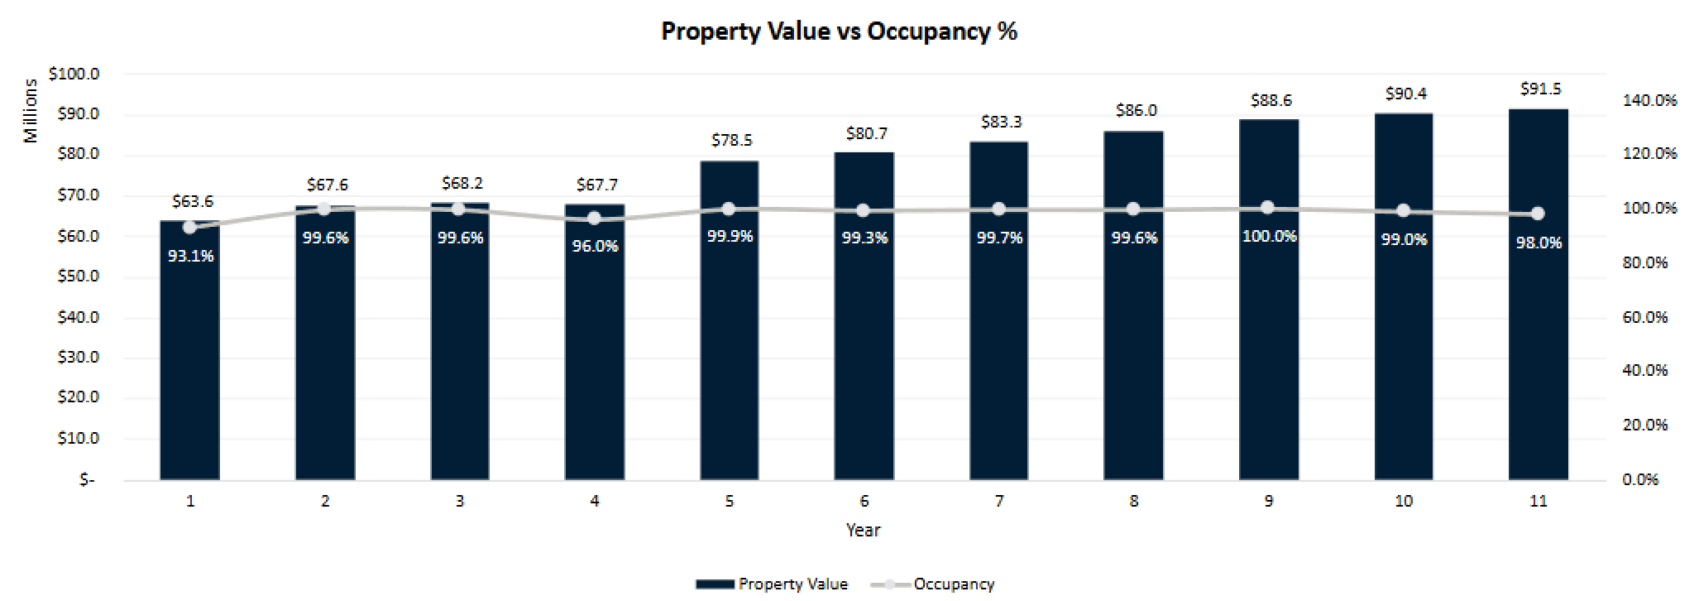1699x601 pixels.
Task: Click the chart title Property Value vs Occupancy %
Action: pyautogui.click(x=839, y=31)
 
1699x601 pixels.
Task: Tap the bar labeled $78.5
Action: pyautogui.click(x=729, y=331)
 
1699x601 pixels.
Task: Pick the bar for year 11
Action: pyautogui.click(x=1538, y=331)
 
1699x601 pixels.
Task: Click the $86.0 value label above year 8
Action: pyautogui.click(x=1136, y=111)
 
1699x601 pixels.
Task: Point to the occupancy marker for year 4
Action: pyautogui.click(x=594, y=219)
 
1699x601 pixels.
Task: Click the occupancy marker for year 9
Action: pyautogui.click(x=1268, y=208)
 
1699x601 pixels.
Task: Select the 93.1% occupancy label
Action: pyautogui.click(x=190, y=256)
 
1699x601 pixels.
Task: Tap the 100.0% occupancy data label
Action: pyautogui.click(x=1269, y=236)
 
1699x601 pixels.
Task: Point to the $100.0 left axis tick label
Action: pyautogui.click(x=74, y=74)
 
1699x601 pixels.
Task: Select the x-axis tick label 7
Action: pyautogui.click(x=999, y=501)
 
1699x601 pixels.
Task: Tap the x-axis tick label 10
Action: pyautogui.click(x=1403, y=501)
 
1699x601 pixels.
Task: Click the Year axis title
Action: pyautogui.click(x=863, y=530)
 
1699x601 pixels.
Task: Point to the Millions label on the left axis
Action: pyautogui.click(x=31, y=111)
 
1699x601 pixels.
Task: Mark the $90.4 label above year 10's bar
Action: pyautogui.click(x=1405, y=94)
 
